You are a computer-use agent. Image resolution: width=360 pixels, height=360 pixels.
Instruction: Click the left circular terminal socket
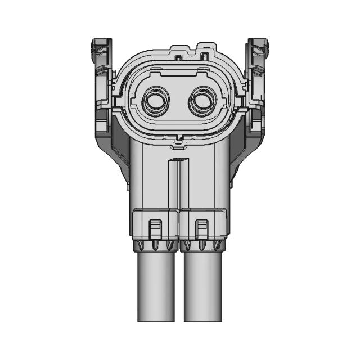156,102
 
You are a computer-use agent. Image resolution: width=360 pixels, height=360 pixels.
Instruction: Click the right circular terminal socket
203,102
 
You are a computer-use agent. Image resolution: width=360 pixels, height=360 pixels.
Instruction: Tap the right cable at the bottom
202,287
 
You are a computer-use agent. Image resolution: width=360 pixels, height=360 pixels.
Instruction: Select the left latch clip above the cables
155,228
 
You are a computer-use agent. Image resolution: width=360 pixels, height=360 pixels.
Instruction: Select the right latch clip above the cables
201,228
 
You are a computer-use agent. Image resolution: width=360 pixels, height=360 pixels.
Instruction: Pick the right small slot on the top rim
205,56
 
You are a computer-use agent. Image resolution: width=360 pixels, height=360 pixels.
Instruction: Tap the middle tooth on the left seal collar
156,246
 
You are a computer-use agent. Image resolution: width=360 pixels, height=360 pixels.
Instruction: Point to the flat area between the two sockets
179,102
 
